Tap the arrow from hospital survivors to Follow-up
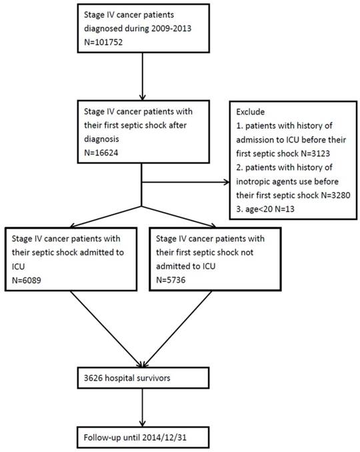[141, 407]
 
